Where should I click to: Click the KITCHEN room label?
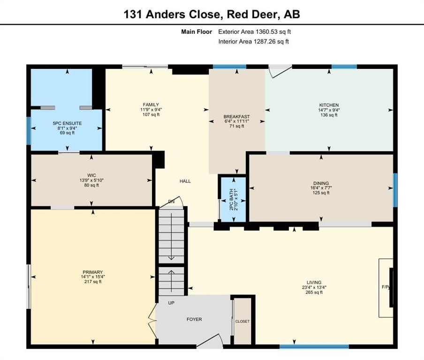(329, 105)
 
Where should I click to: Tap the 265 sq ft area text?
(314, 292)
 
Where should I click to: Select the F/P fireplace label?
(386, 287)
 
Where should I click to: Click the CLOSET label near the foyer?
(242, 322)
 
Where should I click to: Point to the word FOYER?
(194, 320)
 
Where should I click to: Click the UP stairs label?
(171, 303)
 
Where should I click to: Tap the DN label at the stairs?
(172, 202)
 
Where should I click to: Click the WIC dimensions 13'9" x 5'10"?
(91, 180)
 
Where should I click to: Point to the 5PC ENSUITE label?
(67, 123)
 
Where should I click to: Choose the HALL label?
(185, 181)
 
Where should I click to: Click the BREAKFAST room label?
(236, 117)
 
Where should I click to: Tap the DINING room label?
(321, 183)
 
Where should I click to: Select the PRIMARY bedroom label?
(93, 272)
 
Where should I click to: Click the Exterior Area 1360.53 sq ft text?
(255, 32)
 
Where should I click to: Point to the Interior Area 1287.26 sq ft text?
(254, 42)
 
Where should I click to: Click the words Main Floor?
(197, 32)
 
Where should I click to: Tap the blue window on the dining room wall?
(395, 190)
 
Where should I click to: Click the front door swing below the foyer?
(210, 340)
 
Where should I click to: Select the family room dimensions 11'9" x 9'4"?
(151, 110)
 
